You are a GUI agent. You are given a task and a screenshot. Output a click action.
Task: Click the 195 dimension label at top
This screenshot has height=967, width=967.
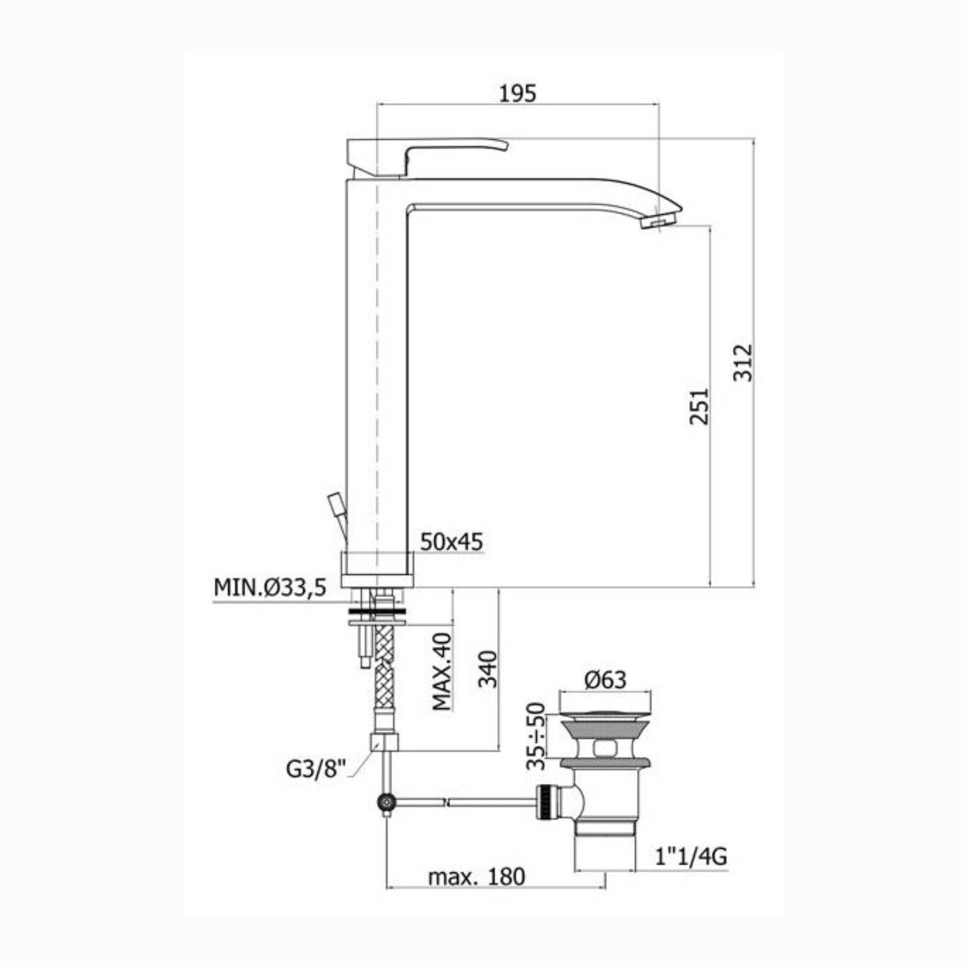pyautogui.click(x=518, y=93)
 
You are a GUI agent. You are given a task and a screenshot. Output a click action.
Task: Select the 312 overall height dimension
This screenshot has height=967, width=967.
pyautogui.click(x=743, y=362)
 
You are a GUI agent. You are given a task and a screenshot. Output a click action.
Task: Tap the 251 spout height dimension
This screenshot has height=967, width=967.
pyautogui.click(x=699, y=406)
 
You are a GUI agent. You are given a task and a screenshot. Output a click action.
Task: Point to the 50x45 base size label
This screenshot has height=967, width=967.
pyautogui.click(x=451, y=542)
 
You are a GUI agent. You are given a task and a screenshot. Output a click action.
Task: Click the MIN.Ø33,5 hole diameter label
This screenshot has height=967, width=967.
pyautogui.click(x=270, y=587)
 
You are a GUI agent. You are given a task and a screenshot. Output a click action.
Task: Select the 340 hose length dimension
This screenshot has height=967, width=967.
pyautogui.click(x=488, y=669)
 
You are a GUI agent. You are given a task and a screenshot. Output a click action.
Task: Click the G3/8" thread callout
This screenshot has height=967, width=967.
pyautogui.click(x=316, y=768)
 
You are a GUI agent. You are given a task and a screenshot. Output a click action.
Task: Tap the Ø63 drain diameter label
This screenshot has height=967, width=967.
pyautogui.click(x=605, y=679)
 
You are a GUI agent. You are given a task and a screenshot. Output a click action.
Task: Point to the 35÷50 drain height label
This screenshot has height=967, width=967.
pyautogui.click(x=536, y=736)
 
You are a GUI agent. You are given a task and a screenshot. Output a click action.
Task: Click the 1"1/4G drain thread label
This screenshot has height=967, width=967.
pyautogui.click(x=690, y=856)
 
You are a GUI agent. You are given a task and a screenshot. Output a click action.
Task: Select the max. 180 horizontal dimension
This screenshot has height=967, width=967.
pyautogui.click(x=476, y=877)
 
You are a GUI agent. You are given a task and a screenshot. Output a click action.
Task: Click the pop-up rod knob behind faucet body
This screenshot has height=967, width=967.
pyautogui.click(x=336, y=502)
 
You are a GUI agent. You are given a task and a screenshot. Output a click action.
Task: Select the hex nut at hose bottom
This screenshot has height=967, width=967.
pyautogui.click(x=385, y=742)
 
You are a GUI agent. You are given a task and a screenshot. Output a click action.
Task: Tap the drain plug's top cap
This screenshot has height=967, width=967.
pyautogui.click(x=605, y=715)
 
